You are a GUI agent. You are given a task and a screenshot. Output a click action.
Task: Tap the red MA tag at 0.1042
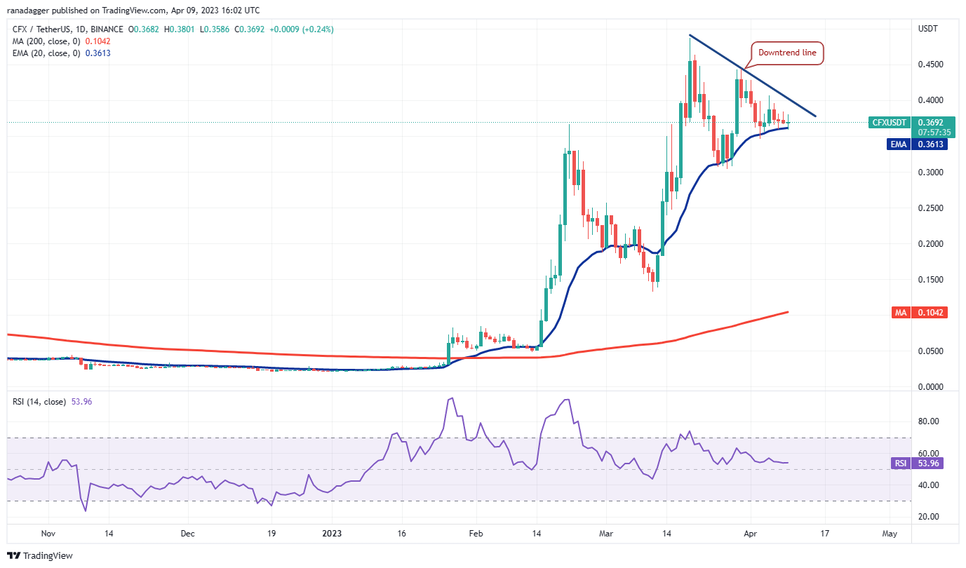tap(930, 313)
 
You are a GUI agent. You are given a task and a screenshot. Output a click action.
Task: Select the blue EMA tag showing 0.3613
tap(930, 144)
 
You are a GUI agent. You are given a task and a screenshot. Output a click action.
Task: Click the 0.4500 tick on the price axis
tap(930, 65)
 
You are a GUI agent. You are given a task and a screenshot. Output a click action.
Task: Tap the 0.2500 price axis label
tap(930, 208)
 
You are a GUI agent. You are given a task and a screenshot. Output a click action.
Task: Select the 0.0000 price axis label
tap(930, 387)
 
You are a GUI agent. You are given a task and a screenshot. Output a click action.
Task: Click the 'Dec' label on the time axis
tap(187, 534)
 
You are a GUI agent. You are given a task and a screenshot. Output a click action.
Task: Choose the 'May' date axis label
tap(890, 534)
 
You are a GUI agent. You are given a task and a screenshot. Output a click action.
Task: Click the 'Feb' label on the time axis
tap(475, 534)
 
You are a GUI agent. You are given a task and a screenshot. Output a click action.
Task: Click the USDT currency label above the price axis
tap(929, 29)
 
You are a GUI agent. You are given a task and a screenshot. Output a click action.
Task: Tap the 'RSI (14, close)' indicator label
tap(39, 402)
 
